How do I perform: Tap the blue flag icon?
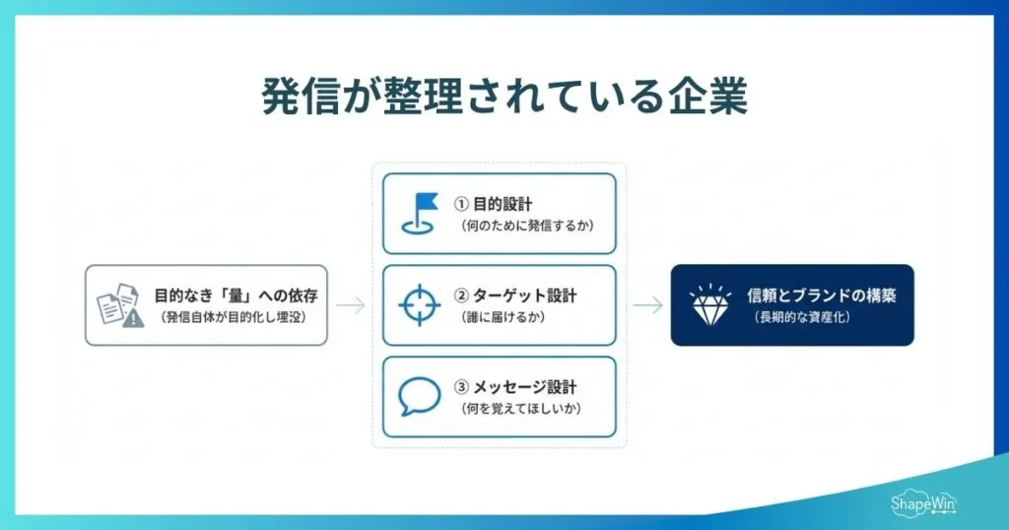pos(419,212)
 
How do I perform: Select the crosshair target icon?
pos(419,304)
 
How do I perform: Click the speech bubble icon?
pos(419,396)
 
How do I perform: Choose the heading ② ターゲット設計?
pos(515,296)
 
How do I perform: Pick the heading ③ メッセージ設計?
pos(515,387)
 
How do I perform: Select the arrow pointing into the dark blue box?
pos(647,305)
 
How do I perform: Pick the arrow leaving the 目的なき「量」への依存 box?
pos(350,305)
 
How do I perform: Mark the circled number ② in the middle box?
pos(460,296)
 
